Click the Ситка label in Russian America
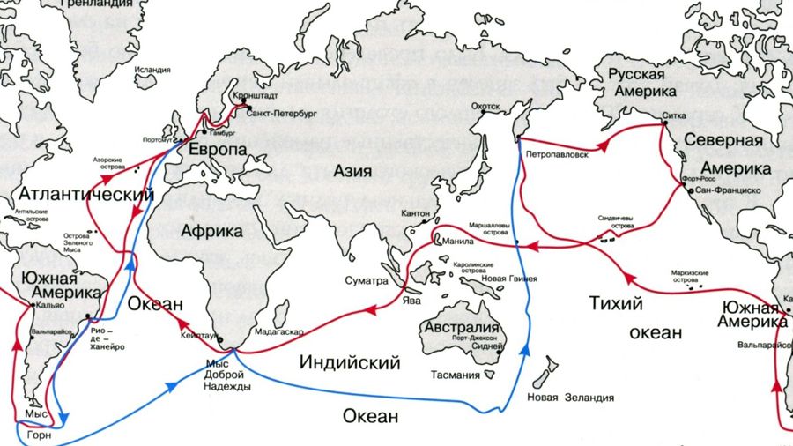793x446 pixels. (674, 115)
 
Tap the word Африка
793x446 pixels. (211, 231)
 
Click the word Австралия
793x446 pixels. (459, 327)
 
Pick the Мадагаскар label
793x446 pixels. (278, 332)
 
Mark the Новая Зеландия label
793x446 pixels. (570, 398)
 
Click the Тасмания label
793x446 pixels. (456, 375)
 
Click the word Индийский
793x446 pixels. (350, 361)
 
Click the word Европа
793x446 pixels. (218, 150)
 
